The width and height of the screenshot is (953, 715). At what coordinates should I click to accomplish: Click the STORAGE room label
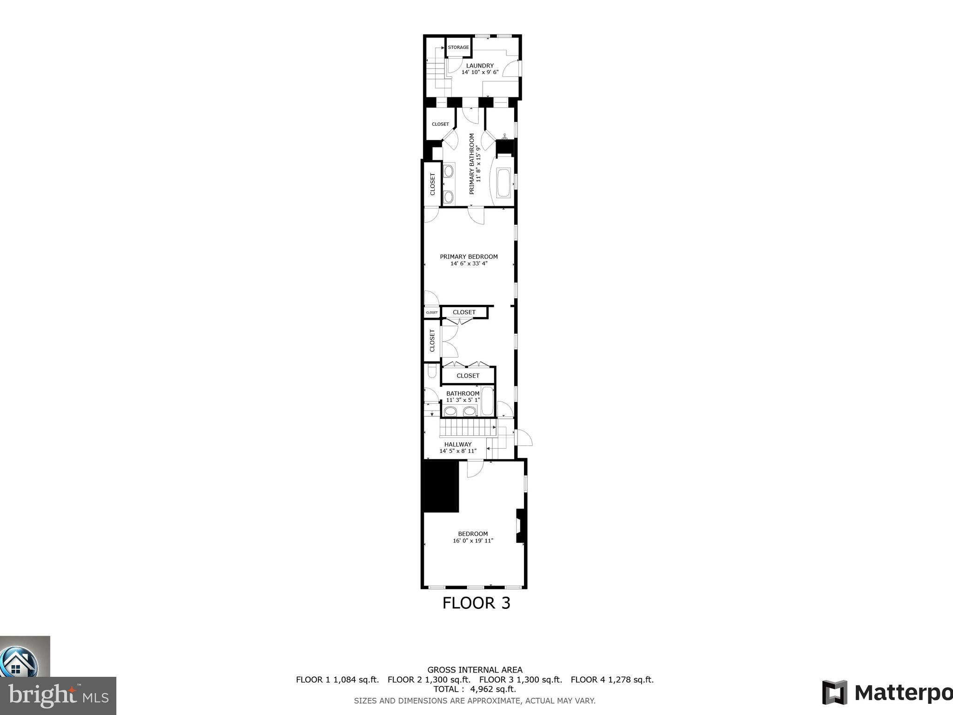458,47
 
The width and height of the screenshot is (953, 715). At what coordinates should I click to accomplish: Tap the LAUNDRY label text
480,66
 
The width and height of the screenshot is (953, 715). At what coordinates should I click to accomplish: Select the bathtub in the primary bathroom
503,184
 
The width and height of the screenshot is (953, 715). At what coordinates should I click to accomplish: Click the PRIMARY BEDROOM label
469,256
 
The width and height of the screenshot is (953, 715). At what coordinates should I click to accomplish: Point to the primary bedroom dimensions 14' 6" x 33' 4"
469,263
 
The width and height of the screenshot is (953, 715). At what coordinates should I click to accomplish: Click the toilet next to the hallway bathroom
431,372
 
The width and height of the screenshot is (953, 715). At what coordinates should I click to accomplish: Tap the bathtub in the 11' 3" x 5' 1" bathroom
487,401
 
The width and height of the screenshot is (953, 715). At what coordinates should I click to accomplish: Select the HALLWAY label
458,444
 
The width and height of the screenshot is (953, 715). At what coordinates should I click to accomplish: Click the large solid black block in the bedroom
441,486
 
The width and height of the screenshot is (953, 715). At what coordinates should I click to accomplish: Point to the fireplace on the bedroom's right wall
521,526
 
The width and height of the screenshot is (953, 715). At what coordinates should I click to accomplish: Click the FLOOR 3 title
476,603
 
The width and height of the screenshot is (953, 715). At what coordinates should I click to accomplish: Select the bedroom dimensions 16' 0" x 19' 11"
473,541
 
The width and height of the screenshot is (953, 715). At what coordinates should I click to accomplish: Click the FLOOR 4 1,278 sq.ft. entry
612,680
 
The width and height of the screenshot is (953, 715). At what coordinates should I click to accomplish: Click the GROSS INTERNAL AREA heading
475,670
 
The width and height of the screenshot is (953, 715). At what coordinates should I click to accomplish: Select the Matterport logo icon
834,692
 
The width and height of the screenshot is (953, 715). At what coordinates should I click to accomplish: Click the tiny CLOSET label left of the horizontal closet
432,313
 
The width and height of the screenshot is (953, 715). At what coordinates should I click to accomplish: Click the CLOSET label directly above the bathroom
468,376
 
